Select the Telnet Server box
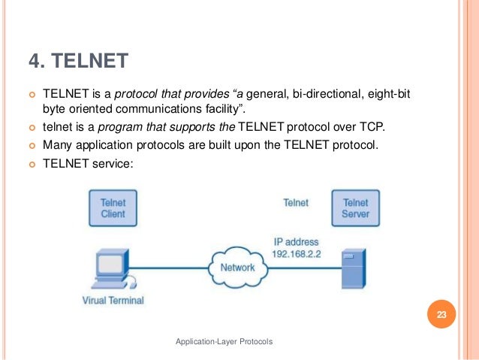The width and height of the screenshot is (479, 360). pos(355,208)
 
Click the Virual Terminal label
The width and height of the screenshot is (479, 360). pos(113,301)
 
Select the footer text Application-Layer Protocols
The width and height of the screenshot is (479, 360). pos(224,342)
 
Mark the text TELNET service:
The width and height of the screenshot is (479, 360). pos(88,159)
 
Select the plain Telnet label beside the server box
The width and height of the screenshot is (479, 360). pos(295,202)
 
